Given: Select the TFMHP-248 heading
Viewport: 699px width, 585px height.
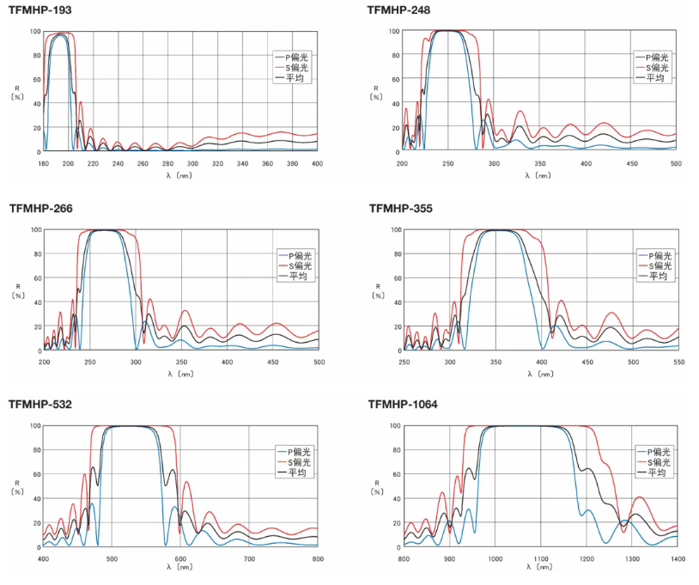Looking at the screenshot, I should click(399, 10).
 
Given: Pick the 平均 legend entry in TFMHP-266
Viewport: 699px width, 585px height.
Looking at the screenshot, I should click(297, 276).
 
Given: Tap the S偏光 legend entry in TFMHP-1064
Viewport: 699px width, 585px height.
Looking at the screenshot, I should click(657, 462).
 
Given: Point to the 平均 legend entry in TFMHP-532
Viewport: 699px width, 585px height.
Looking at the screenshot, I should click(297, 472).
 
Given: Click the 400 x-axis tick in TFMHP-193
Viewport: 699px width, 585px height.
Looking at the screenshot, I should click(317, 163).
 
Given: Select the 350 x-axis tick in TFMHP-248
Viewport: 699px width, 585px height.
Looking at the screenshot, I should click(539, 163).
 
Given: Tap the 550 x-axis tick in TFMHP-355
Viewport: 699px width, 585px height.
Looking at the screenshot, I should click(678, 362).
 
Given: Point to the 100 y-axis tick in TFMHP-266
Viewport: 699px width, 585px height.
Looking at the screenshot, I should click(34, 229).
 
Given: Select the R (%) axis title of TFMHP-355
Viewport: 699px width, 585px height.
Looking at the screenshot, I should click(377, 290).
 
